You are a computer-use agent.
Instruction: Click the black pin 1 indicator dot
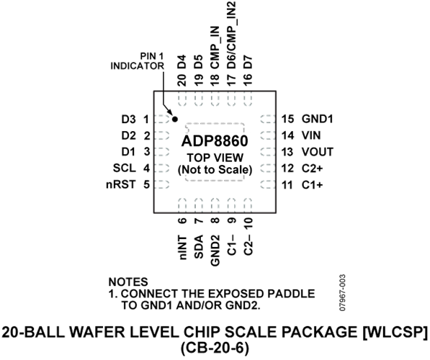[x=174, y=120]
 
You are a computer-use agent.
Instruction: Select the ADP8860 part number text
[x=215, y=141]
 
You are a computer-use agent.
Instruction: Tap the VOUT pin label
[x=318, y=152]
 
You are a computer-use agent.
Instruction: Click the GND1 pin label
[x=318, y=119]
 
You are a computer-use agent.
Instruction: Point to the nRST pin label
[x=121, y=184]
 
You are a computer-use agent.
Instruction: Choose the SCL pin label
[x=125, y=168]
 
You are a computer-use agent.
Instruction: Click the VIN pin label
[x=311, y=135]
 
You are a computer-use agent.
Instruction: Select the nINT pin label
[x=182, y=247]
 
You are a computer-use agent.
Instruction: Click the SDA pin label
[x=199, y=247]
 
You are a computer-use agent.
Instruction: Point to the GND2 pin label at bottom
[x=215, y=251]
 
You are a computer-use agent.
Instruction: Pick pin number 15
[x=287, y=119]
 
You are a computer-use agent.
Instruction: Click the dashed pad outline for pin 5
[x=162, y=184]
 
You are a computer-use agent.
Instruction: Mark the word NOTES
[x=128, y=282]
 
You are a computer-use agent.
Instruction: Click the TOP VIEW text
[x=215, y=158]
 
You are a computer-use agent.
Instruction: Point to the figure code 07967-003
[x=342, y=292]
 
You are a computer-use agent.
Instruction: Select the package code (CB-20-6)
[x=215, y=348]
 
